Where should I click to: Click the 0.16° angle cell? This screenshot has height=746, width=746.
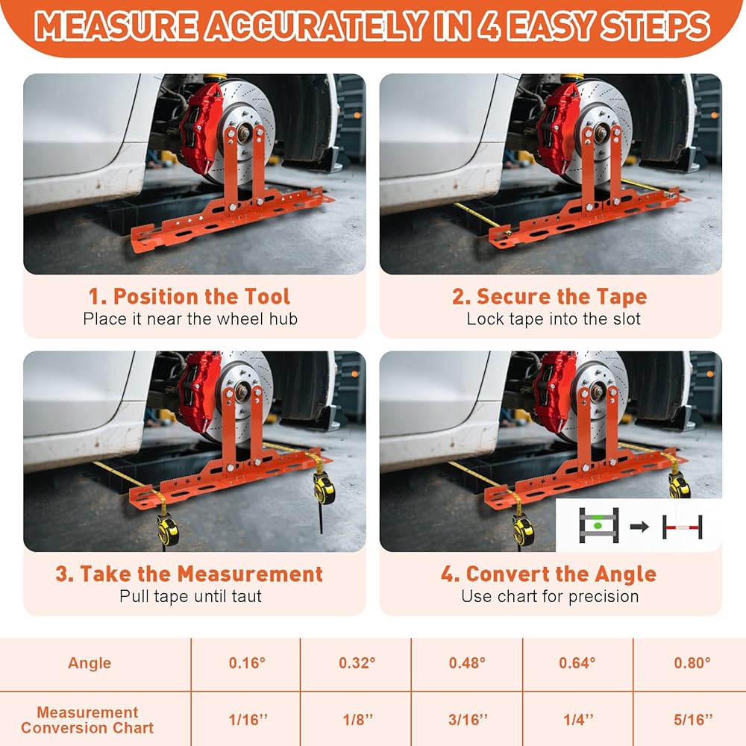[247, 662]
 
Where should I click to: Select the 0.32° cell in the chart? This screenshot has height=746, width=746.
[357, 662]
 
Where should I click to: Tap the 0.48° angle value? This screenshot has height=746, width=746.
[467, 662]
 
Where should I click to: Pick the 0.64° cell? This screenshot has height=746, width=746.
[577, 662]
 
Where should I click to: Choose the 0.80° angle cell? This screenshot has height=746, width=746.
[692, 662]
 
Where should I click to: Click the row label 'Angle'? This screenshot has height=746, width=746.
[90, 663]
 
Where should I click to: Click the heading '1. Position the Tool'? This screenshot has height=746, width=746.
[189, 296]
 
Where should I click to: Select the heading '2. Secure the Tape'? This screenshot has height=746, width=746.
[550, 296]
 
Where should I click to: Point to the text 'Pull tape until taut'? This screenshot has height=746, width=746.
[190, 596]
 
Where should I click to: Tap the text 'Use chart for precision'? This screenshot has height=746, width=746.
[550, 596]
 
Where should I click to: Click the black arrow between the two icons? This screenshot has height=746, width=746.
[639, 526]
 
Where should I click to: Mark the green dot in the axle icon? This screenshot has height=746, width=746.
[598, 525]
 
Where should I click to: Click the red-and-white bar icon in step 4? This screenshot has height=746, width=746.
[683, 527]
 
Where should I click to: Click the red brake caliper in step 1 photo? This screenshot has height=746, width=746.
[201, 128]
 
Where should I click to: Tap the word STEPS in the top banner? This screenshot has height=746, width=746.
[655, 26]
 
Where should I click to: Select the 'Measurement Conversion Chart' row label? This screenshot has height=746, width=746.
[87, 720]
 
